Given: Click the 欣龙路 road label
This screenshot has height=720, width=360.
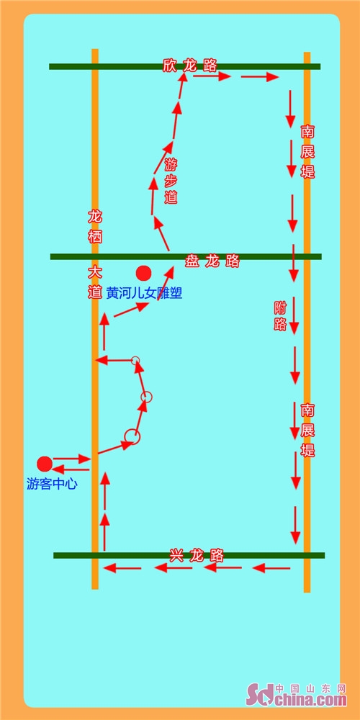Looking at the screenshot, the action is tap(189, 66).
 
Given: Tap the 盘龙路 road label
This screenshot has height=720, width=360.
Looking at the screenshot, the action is tap(212, 261).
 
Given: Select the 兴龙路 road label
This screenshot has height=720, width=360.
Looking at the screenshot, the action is tap(197, 556).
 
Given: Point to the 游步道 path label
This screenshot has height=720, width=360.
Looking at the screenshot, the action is tap(171, 181).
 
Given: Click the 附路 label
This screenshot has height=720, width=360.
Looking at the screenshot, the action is tap(280, 316).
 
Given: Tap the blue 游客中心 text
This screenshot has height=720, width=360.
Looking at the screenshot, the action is tap(52, 484).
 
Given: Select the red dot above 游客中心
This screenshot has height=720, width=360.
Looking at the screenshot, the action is tap(45, 464).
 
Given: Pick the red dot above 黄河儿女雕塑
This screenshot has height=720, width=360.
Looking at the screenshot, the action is tap(144, 273).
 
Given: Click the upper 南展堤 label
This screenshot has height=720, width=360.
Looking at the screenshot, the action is tap(307, 151).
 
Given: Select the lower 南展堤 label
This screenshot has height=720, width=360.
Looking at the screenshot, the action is tap(307, 431).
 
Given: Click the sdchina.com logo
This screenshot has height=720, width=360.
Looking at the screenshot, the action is tap(296, 696).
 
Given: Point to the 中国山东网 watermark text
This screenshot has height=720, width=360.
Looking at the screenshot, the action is tap(310, 688).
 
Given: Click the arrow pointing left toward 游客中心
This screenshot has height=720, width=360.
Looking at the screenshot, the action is tap(71, 469).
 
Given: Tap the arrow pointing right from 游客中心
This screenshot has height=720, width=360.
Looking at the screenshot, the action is tap(71, 458).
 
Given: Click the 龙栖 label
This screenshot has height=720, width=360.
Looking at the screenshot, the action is tap(94, 227).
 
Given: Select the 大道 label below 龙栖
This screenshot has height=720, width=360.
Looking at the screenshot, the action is tap(94, 282).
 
